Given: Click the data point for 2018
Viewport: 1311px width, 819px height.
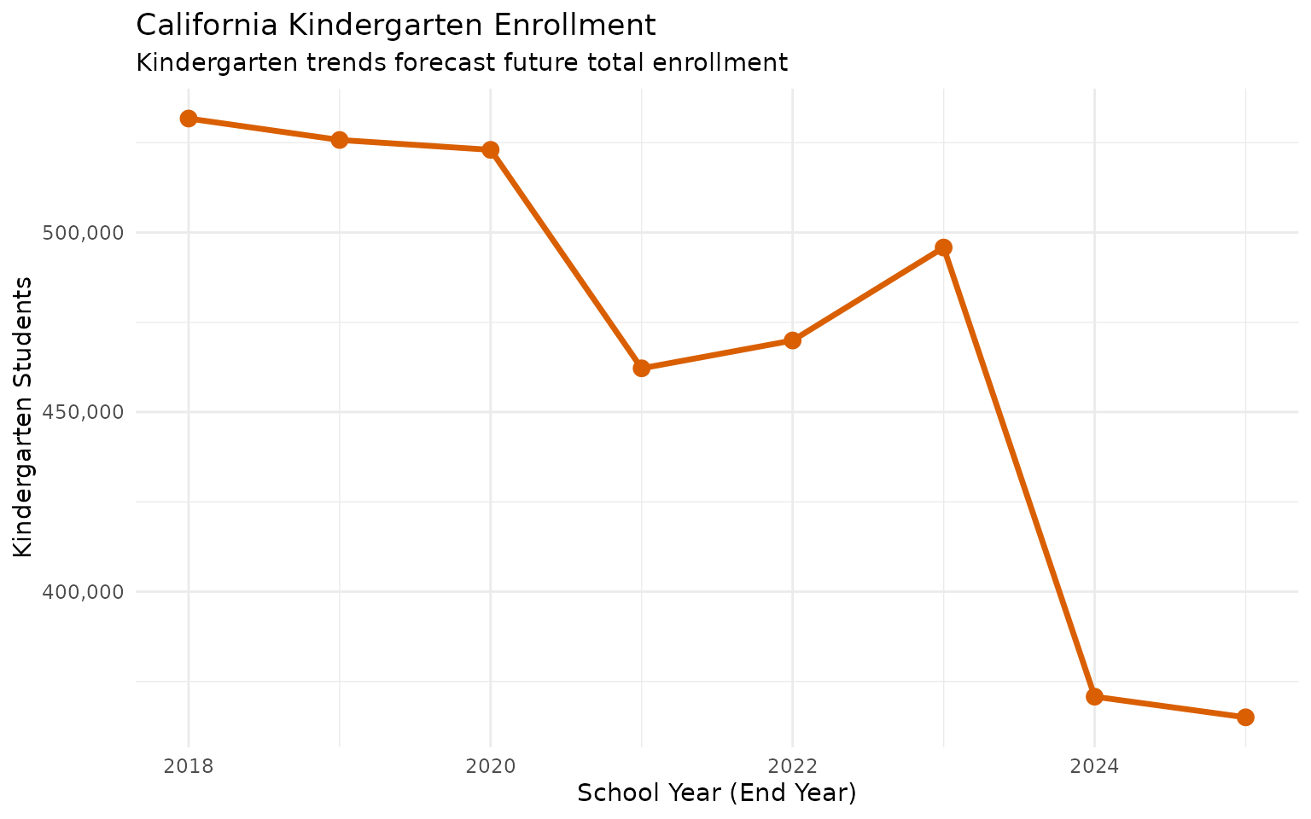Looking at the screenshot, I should coord(189,119).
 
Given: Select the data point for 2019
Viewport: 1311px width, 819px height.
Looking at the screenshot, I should coord(340,140).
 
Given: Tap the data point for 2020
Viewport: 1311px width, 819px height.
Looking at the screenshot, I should coord(490,150).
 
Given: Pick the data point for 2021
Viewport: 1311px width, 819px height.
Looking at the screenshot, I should coord(642,369).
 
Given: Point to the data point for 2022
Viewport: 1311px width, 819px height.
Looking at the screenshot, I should coord(792,340).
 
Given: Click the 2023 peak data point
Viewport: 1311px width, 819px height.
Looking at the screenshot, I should coord(943,247).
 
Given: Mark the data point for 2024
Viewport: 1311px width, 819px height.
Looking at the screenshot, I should coord(1094,697).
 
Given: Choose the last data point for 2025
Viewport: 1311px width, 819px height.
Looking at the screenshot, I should coord(1245,717).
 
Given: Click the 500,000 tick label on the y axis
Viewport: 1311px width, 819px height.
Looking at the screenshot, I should coord(83,233).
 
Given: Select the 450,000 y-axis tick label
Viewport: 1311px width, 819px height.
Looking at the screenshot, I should coord(83,412).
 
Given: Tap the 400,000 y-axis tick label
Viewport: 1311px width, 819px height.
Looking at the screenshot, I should coord(83,592).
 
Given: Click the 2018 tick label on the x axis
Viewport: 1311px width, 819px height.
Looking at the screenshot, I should coord(189,766).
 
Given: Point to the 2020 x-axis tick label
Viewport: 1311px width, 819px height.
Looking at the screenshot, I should coord(490,766).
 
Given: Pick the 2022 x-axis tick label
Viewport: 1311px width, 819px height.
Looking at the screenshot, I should coord(792,766).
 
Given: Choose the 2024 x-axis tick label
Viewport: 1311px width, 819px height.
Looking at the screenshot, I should coord(1094,766).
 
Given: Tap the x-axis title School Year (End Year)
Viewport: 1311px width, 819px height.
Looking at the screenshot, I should coord(716,793).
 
